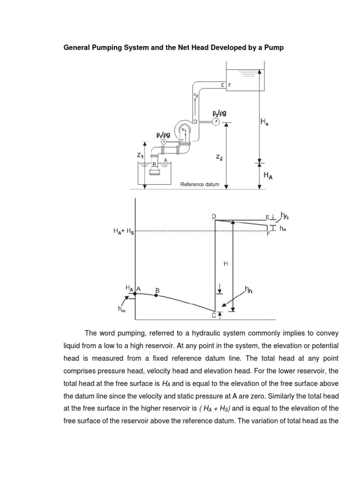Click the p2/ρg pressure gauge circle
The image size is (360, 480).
coord(215,121)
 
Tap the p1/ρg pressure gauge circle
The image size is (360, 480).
coord(164,141)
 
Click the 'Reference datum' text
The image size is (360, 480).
coord(200,185)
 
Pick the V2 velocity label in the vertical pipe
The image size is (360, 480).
coord(195,95)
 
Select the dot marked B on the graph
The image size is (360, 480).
coord(157,296)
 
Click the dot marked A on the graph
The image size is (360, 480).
coord(135,293)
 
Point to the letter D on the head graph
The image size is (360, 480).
coord(214,216)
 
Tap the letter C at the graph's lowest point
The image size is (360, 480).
coord(214,316)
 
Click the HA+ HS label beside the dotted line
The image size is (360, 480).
coord(123,231)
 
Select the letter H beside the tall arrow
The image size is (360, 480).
coord(225,264)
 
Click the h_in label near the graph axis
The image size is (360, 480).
coord(121,309)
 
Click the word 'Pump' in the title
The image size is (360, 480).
coord(274,48)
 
